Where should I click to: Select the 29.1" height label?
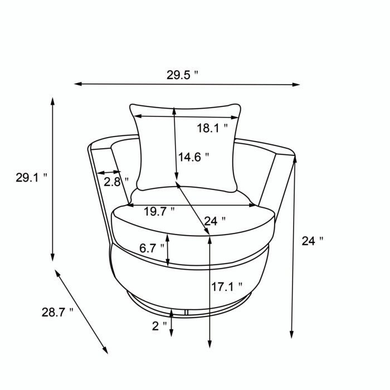(x=31, y=178)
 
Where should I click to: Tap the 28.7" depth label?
(x=57, y=312)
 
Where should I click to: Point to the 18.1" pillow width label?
(x=212, y=128)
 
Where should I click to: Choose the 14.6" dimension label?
(x=193, y=157)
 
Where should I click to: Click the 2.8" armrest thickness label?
(x=115, y=181)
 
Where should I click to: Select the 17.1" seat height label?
(x=227, y=287)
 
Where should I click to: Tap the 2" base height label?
(x=159, y=326)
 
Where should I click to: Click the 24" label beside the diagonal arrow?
(x=214, y=221)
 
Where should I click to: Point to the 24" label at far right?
(x=312, y=241)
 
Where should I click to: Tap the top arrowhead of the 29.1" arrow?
(x=53, y=101)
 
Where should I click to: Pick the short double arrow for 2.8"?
(x=108, y=173)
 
